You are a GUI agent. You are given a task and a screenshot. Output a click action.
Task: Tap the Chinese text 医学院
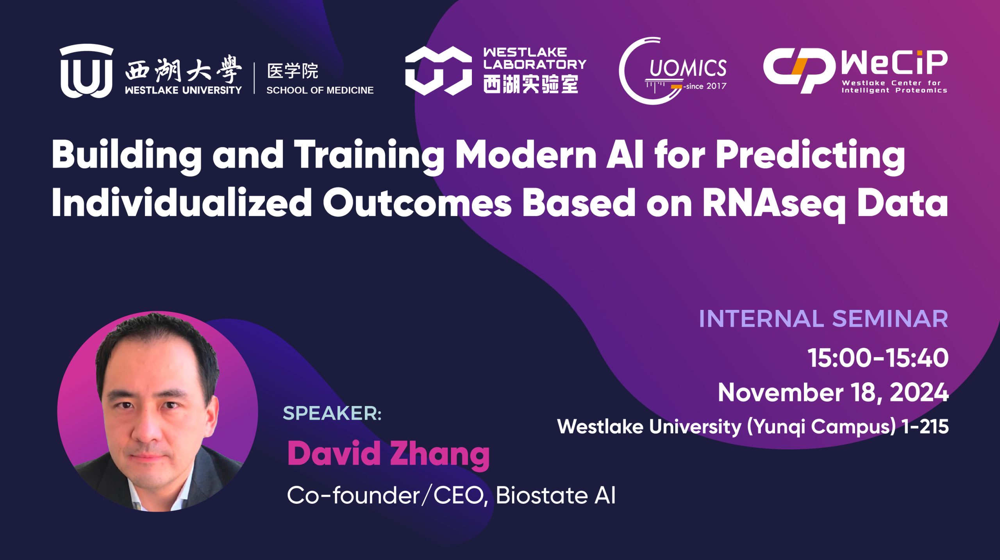pos(293,71)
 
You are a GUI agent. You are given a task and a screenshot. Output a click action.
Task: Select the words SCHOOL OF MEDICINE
pos(320,90)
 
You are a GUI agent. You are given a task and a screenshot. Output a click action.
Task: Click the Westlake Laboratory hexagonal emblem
pos(438,71)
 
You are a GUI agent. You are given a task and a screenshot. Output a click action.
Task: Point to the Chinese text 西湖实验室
pos(530,84)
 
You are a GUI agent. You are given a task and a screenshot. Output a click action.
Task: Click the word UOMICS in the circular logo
pos(688,68)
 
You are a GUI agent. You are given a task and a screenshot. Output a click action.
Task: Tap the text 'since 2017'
pos(706,86)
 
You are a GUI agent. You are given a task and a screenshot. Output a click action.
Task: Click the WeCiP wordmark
pos(895,63)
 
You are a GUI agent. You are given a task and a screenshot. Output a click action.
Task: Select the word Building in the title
pos(127,156)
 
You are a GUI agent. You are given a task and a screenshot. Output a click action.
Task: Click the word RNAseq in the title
pos(774,203)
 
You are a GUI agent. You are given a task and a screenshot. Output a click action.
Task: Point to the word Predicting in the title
pos(811,156)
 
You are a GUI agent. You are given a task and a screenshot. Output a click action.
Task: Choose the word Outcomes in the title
pos(417,203)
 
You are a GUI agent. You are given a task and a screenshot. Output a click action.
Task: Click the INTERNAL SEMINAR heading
pos(823,319)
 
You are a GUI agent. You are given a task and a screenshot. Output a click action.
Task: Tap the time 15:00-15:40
pos(878,358)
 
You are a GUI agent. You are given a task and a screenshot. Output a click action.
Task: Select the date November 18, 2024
pos(833,392)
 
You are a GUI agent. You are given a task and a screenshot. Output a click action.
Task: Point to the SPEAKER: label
pos(332,413)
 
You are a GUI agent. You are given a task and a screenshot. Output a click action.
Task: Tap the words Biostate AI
pos(555,496)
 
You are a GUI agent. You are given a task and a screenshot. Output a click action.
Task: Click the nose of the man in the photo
pos(148,429)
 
